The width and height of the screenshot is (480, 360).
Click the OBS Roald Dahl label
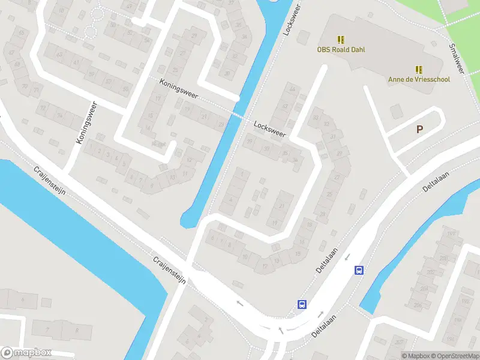coord(341,50)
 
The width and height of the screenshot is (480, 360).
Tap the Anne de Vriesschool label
coord(419,79)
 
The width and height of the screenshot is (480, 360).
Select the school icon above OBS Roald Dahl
coord(341,40)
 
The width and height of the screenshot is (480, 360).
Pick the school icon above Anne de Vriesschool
coord(419,68)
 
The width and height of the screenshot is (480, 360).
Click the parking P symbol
coord(419,129)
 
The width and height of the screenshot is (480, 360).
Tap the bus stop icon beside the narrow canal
coord(359,270)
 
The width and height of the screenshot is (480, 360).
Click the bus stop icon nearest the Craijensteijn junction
coord(302,304)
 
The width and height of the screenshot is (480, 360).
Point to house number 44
coord(293,89)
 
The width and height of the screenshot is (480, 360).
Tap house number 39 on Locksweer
coord(249,141)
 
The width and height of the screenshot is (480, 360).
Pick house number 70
coord(25,86)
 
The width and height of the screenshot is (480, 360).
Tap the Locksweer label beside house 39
coord(269,129)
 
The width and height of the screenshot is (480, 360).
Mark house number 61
coord(76,62)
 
